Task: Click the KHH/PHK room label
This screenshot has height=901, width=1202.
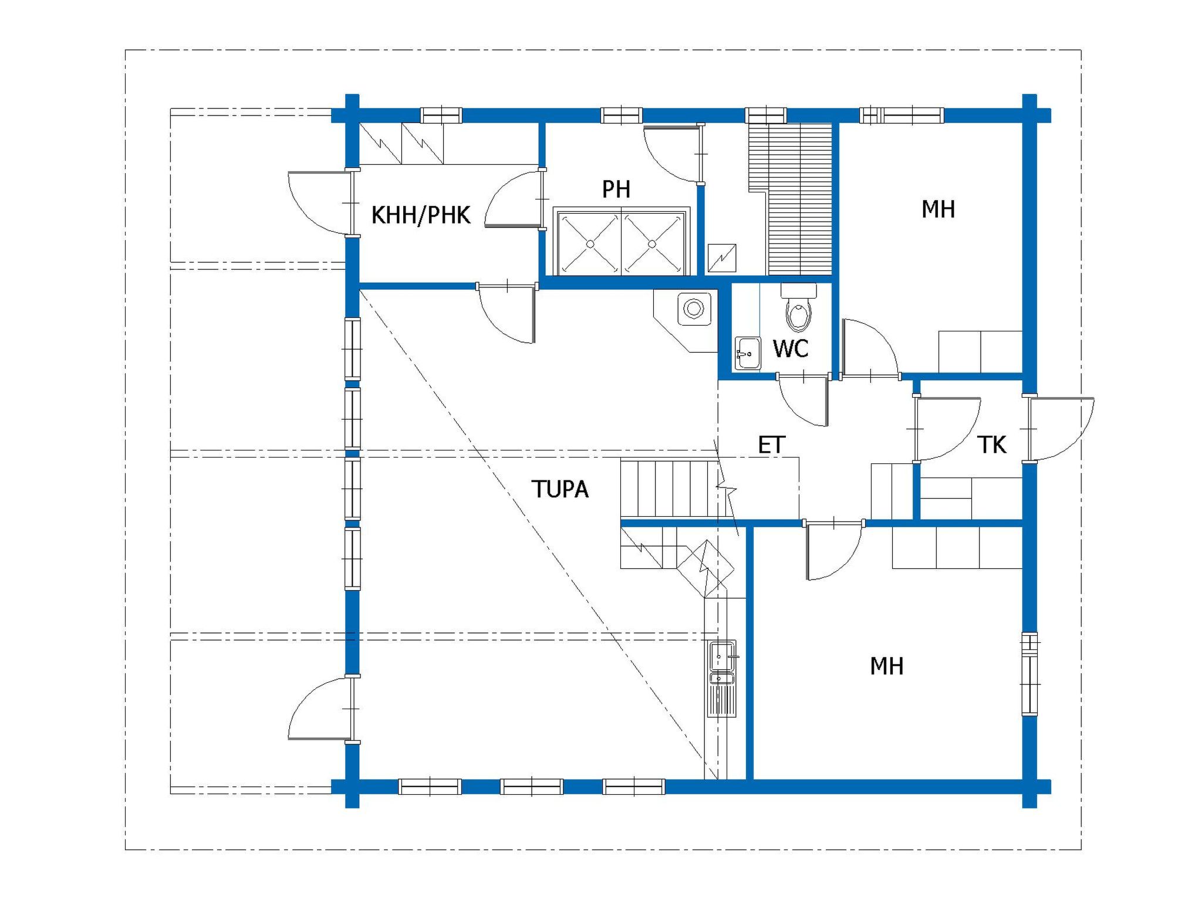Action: (421, 215)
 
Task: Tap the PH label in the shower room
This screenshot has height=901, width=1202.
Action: (616, 189)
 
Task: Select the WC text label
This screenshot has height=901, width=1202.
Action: (791, 348)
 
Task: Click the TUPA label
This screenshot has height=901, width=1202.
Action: (560, 489)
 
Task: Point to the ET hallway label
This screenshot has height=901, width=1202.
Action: (771, 445)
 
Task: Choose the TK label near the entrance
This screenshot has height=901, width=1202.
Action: (992, 445)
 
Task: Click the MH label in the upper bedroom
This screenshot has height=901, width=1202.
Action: (938, 209)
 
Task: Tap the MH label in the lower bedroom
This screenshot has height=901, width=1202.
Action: (886, 666)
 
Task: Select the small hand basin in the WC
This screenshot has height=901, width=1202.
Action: (747, 353)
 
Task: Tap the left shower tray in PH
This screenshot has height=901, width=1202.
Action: (589, 243)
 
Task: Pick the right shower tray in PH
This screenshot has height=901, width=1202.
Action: (653, 243)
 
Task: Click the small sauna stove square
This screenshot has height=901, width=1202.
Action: (722, 258)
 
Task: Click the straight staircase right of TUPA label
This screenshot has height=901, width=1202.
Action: (669, 489)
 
